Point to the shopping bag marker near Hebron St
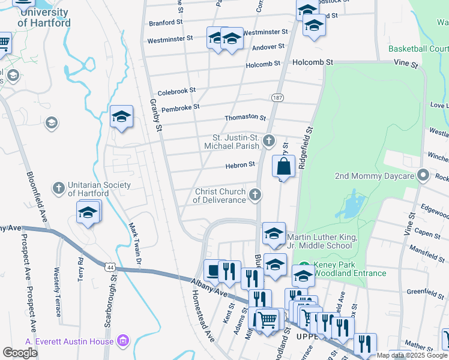[284, 166]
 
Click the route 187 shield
[277, 97]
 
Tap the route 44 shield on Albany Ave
[109, 266]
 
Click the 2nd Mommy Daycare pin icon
[424, 176]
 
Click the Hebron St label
[240, 164]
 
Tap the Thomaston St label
[245, 118]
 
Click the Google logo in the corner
[20, 353]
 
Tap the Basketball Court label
[418, 49]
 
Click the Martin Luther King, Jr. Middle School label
[322, 242]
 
